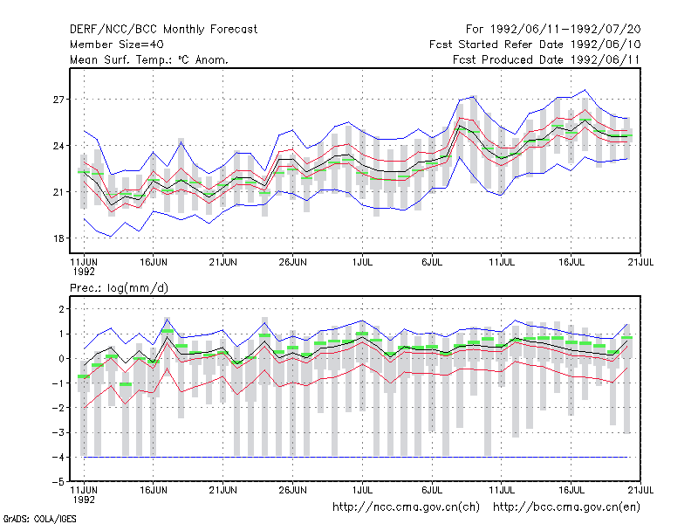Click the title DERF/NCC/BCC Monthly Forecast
tap(163, 30)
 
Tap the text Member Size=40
tap(117, 45)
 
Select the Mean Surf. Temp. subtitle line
tap(149, 59)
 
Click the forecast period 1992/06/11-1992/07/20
tap(553, 30)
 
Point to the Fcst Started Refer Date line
tap(535, 45)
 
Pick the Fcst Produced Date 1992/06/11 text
tap(546, 59)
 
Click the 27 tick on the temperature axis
tap(58, 100)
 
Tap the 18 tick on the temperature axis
tap(58, 238)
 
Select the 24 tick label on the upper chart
tap(58, 146)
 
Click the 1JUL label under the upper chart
tap(362, 262)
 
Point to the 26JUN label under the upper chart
tap(292, 262)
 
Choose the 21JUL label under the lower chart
tap(640, 490)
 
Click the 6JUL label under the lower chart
tap(432, 490)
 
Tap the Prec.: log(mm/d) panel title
tap(119, 288)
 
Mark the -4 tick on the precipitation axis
tap(58, 457)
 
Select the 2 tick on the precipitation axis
tap(61, 309)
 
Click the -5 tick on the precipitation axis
tap(58, 482)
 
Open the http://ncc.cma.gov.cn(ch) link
tap(406, 507)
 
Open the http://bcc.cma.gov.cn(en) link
tap(566, 507)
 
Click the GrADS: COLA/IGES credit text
tap(40, 519)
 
